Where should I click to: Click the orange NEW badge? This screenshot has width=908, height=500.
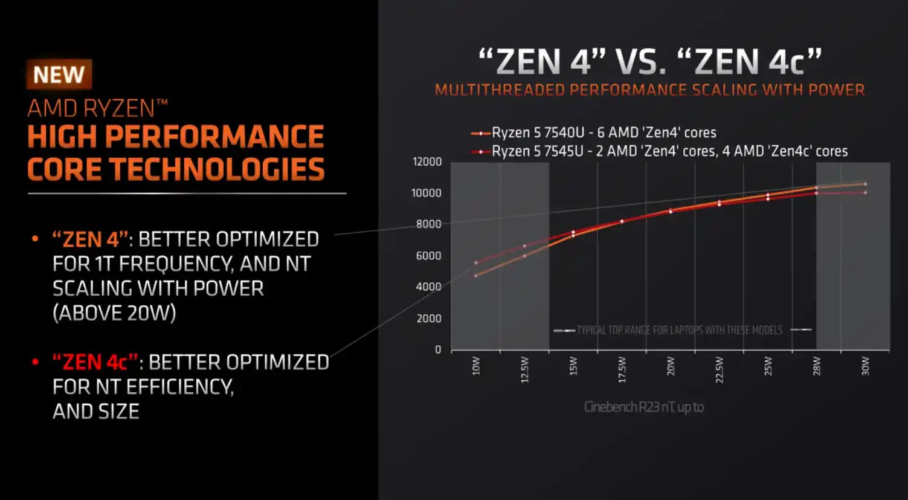pos(59,74)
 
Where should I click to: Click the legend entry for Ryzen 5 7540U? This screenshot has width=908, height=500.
pos(604,132)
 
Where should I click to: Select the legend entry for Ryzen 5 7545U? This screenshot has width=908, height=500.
pos(669,151)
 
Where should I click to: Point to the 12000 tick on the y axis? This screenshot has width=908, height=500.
pos(427,161)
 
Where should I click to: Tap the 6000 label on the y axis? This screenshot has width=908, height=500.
pos(428,256)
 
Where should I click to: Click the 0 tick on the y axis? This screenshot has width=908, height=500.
pos(438,349)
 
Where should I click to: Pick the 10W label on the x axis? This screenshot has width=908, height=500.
pos(476,366)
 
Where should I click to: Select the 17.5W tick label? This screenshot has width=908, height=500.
pos(622,369)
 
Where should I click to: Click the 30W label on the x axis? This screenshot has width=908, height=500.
pos(865,366)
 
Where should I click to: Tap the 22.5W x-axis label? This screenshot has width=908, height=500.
pos(719,369)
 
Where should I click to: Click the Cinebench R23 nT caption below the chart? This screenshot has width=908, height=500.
pos(643,407)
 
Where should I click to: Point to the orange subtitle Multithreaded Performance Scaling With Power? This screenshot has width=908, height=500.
pos(649,90)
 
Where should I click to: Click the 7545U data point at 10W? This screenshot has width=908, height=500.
pos(476,262)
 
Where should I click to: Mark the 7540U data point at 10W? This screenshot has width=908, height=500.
pos(476,276)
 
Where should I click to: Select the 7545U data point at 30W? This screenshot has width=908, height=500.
pos(865,193)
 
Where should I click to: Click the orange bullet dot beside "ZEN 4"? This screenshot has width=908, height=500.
pos(35,239)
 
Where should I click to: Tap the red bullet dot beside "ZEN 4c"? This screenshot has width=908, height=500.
pos(35,362)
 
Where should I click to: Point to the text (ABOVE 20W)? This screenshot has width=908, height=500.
pos(114,313)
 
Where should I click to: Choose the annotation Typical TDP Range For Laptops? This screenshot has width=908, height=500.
pos(679,330)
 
